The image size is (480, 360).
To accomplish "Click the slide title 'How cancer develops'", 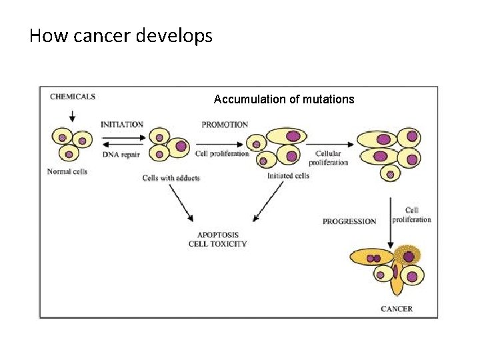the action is point(121,36).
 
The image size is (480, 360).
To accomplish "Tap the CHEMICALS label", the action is point(73,97).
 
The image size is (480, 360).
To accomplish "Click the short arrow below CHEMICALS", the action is point(72,116).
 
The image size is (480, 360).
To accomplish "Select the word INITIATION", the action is point(122,125).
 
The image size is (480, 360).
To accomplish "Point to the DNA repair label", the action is point(121,155).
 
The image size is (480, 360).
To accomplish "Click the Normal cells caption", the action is point(67,171).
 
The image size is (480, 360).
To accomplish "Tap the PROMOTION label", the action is point(225,125).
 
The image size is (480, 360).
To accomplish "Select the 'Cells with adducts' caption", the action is point(171,178).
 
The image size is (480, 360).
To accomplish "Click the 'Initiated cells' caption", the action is point(289,176).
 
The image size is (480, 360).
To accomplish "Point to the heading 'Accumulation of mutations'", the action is point(284,99).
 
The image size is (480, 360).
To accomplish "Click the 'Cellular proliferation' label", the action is point(329,158).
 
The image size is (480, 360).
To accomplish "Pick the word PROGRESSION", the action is point(349,221).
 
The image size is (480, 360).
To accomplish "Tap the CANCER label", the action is point(397,309).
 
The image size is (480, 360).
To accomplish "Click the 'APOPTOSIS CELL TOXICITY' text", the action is point(217,239).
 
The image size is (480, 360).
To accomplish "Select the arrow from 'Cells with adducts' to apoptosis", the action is point(181,203).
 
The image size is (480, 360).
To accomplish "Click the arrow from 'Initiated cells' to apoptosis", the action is point(268,201).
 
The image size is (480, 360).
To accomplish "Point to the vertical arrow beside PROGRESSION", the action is point(390,223).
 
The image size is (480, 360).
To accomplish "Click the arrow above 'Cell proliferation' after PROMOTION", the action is point(219,144).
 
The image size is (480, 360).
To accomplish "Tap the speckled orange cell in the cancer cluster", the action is point(407,255).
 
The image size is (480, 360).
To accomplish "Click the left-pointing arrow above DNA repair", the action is point(123,145).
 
